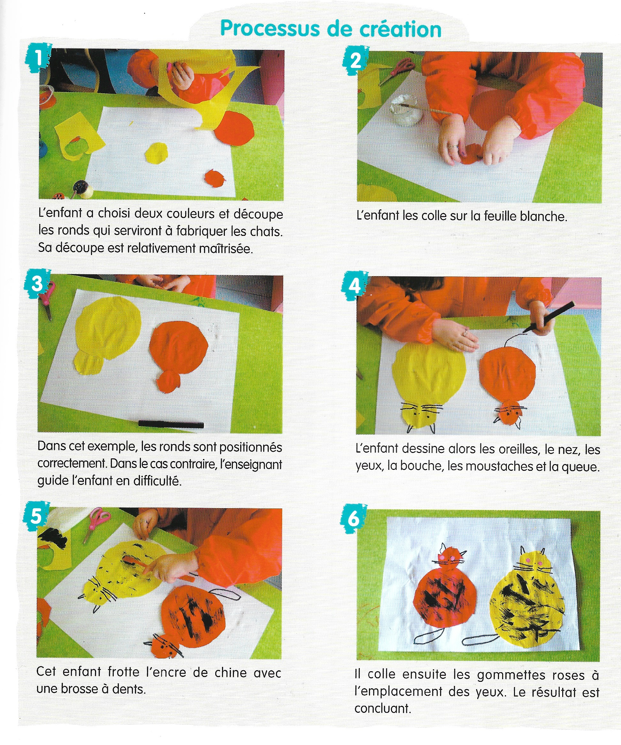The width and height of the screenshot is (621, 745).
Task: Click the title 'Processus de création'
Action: click(331, 29)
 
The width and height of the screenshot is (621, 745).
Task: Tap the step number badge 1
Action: click(38, 57)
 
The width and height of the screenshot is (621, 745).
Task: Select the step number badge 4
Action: click(355, 285)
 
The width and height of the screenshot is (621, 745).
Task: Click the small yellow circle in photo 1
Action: click(156, 153)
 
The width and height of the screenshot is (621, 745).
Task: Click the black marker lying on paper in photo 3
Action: click(171, 424)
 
